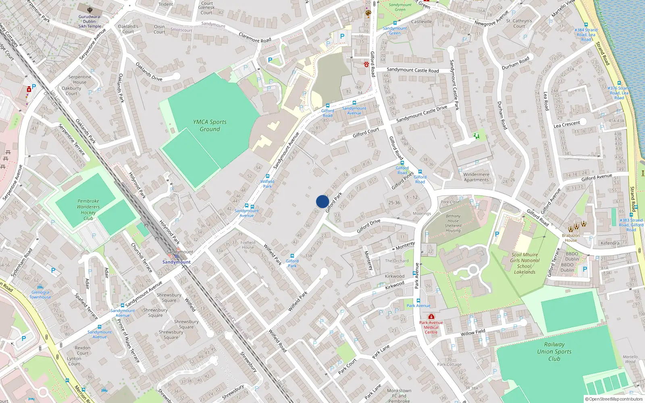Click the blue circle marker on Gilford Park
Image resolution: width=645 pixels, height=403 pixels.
pos(322,201)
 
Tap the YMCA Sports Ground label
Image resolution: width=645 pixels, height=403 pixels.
pos(210,125)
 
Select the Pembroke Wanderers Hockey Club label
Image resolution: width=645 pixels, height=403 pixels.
pos(88,210)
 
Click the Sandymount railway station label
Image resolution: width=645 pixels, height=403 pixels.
pos(177,262)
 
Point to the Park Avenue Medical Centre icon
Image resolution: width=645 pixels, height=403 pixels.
pos(431,317)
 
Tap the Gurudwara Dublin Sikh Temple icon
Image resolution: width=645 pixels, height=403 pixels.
pos(89,10)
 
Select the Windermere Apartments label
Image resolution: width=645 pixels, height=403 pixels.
pos(476,177)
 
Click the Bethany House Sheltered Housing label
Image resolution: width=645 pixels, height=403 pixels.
pos(453,223)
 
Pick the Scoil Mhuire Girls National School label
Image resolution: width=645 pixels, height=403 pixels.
pos(524,263)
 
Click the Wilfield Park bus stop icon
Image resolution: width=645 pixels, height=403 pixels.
pos(267,176)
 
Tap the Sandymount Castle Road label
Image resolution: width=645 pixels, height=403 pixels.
pos(413,70)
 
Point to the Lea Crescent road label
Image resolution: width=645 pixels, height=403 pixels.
pos(566,124)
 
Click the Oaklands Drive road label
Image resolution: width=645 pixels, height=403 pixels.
pos(149,71)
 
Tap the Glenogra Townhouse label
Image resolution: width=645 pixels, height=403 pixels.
pos(40,295)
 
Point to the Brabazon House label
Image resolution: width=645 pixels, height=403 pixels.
pos(571,238)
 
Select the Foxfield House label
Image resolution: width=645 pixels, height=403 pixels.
pos(248,245)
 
